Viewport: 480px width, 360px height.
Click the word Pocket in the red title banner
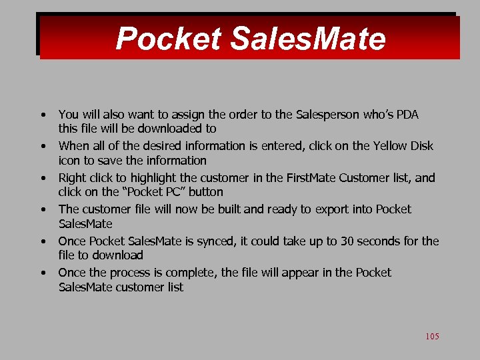click(168, 39)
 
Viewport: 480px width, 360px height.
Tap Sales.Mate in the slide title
click(307, 39)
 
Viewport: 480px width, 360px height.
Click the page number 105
click(432, 337)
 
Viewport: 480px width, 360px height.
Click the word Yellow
click(389, 146)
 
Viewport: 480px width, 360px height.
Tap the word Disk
click(422, 146)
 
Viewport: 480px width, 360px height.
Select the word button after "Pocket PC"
click(205, 192)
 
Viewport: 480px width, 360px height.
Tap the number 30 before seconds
click(348, 241)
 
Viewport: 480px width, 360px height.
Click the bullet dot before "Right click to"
click(43, 177)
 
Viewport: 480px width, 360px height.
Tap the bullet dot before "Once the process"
click(43, 272)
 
